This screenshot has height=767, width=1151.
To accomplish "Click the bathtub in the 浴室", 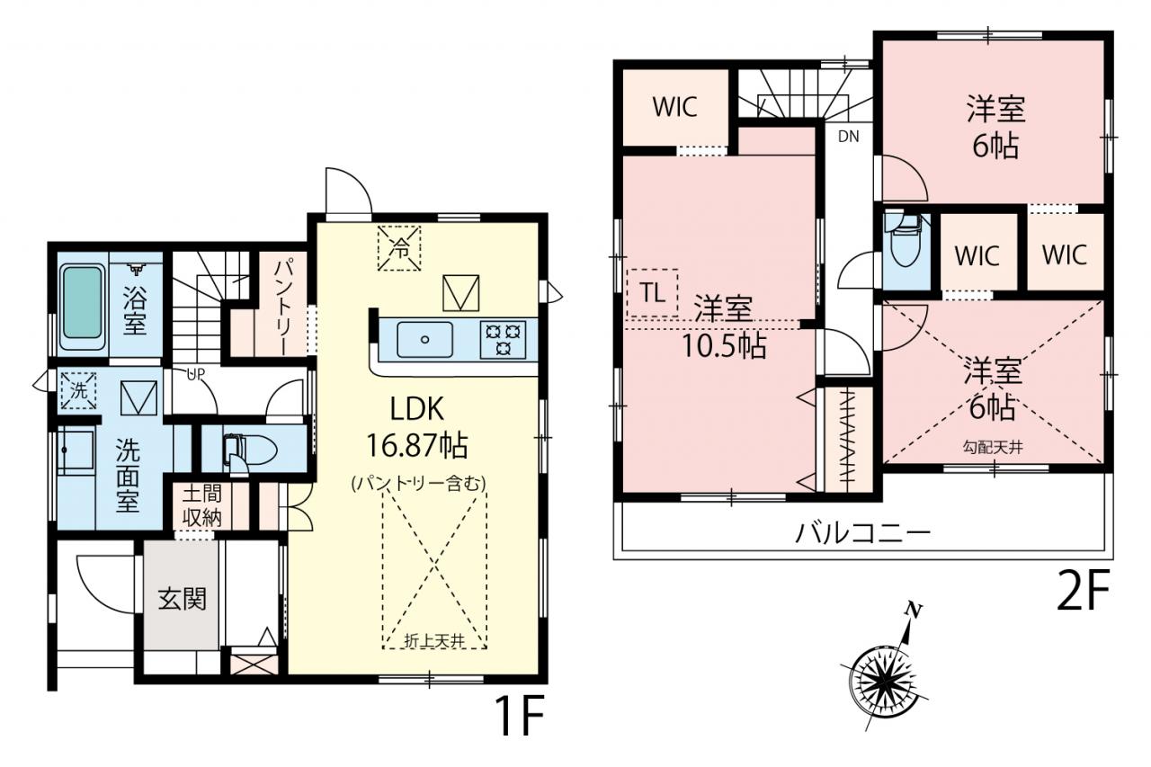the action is tap(82, 308).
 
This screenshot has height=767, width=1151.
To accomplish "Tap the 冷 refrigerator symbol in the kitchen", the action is tap(399, 248).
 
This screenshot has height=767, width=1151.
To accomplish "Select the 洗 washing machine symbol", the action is tap(78, 390).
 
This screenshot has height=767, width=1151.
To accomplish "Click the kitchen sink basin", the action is tap(424, 339).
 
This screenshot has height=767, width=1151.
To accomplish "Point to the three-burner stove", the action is tap(503, 339).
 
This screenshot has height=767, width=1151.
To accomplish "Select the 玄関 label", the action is tap(182, 599).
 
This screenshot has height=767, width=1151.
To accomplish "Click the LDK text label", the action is tap(416, 409).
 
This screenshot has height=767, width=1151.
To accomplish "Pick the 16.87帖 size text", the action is tap(416, 445).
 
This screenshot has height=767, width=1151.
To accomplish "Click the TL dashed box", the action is tap(653, 293).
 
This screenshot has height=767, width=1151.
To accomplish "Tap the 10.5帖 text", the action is tap(724, 346).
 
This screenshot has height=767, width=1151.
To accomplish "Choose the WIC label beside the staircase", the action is tap(675, 107).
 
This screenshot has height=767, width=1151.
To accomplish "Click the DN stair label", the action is tap(848, 136).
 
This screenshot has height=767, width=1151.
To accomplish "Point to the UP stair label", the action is tap(196, 374).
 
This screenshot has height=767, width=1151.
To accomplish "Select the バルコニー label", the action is tap(863, 533).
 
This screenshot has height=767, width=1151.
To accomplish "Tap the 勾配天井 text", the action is tap(993, 447).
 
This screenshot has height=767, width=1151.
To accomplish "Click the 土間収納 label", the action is tap(202, 506).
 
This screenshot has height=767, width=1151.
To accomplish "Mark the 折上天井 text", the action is tap(434, 640).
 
